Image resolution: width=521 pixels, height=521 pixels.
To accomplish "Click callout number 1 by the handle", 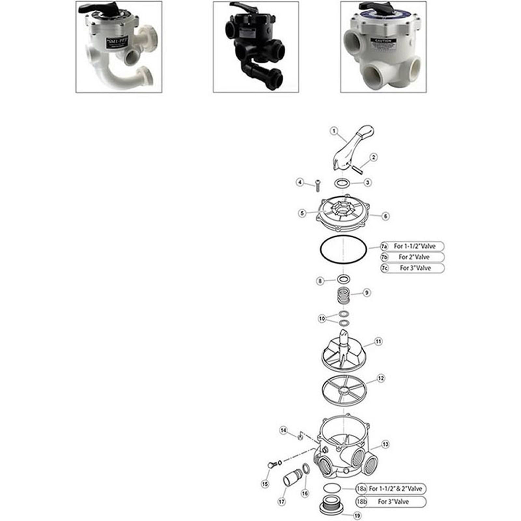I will pos(333,131).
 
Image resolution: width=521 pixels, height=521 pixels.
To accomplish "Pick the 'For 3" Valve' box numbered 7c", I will pos(413,268).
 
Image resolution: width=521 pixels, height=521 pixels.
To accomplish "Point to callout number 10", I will pos(322,318).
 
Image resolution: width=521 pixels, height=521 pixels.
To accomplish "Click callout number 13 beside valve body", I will pos(385,444).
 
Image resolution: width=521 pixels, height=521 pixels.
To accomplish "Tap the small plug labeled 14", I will pos(301,436).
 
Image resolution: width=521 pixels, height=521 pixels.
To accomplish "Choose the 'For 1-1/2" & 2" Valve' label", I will pos(391,489).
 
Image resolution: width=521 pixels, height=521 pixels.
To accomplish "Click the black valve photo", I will pos(256,47).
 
